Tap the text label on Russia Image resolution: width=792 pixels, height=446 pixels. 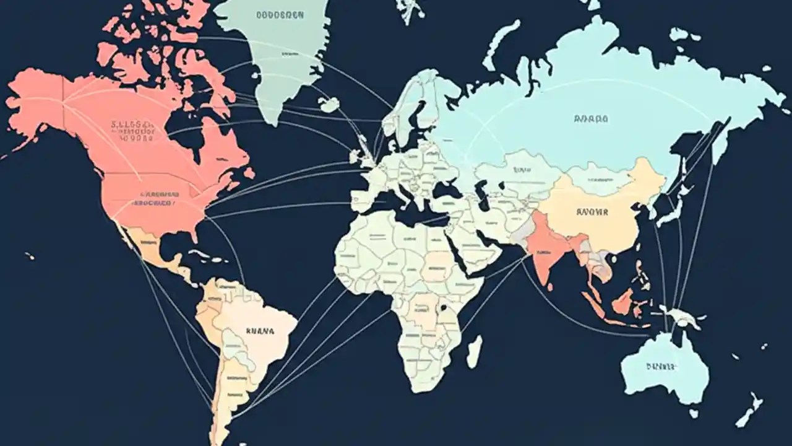[x=591, y=118]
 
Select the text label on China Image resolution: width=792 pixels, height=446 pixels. [x=592, y=212]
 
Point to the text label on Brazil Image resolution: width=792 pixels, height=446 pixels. [x=260, y=331]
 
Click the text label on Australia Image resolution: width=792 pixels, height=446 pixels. [x=661, y=366]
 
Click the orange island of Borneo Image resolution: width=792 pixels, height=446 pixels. [x=623, y=302]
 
